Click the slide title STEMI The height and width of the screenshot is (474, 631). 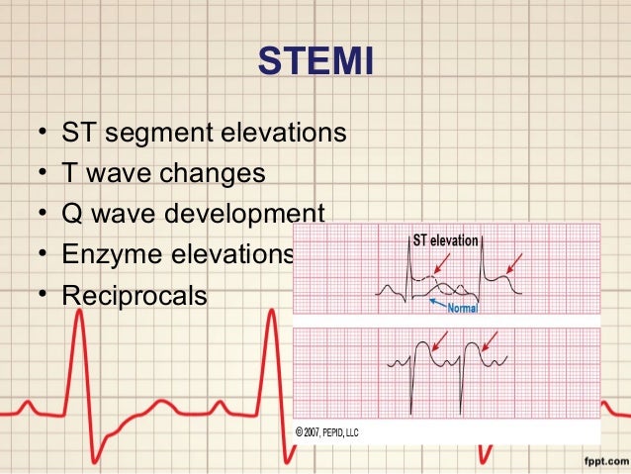pos(315,62)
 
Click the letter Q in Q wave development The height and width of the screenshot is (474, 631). pos(72,214)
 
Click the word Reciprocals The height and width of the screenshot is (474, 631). pos(135,295)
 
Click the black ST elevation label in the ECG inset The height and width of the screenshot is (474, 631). pos(444,239)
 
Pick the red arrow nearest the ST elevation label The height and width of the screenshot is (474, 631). pos(437,262)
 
